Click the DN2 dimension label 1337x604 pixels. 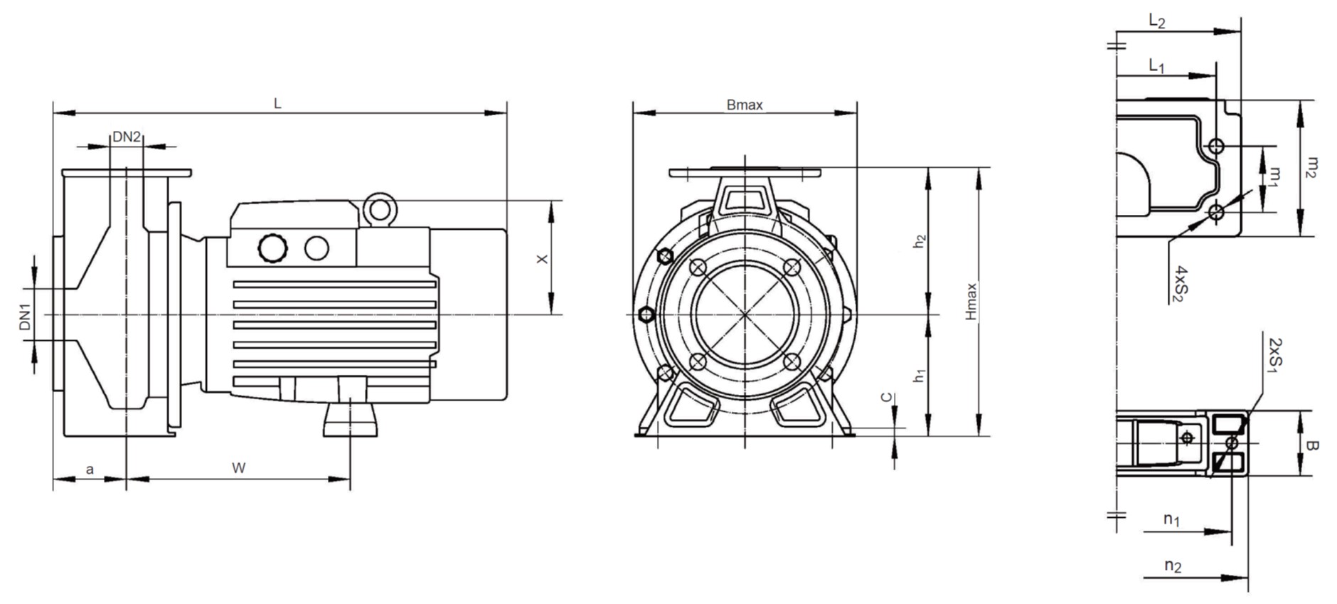pyautogui.click(x=127, y=137)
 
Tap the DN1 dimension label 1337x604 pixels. pyautogui.click(x=26, y=317)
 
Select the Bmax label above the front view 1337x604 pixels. pyautogui.click(x=745, y=105)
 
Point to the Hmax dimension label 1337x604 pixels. pyautogui.click(x=971, y=302)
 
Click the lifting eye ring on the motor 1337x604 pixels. pyautogui.click(x=379, y=209)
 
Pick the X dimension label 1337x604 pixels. pyautogui.click(x=543, y=260)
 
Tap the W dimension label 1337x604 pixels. pyautogui.click(x=239, y=468)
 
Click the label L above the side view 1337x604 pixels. pyautogui.click(x=278, y=104)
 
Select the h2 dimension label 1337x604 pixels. pyautogui.click(x=920, y=241)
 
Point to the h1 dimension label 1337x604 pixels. pyautogui.click(x=920, y=376)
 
